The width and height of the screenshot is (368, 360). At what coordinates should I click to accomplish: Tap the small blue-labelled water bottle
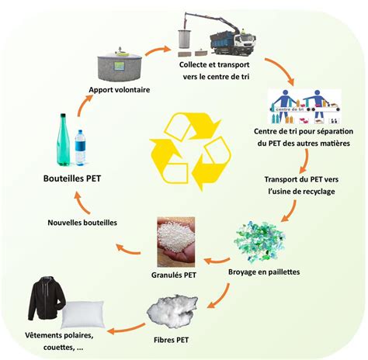(80, 147)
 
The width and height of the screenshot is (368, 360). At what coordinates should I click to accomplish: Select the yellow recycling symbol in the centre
(190, 151)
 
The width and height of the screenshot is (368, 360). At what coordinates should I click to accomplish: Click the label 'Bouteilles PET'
(72, 178)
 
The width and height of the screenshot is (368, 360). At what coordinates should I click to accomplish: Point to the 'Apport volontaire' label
(120, 90)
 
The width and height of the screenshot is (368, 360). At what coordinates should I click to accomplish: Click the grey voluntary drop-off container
(120, 64)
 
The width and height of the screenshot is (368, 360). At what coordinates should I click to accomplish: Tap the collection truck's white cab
(245, 43)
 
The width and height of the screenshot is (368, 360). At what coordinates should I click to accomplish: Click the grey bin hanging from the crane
(184, 39)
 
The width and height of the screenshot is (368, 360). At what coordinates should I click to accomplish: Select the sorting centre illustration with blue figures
(304, 106)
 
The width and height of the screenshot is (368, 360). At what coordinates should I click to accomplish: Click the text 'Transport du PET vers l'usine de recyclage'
(301, 185)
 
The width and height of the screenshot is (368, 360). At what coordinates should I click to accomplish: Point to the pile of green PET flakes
(260, 241)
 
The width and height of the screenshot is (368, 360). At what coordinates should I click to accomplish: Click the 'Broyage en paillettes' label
(264, 272)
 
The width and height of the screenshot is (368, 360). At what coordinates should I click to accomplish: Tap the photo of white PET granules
(176, 242)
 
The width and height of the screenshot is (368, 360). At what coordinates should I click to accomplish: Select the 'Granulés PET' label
(174, 275)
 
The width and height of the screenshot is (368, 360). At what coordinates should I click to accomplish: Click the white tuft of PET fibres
(172, 311)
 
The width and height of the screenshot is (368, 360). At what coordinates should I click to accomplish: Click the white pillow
(83, 314)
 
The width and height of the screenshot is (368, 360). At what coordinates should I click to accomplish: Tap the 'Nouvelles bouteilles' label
(82, 223)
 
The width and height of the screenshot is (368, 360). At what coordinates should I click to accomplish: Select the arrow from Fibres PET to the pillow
(126, 328)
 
